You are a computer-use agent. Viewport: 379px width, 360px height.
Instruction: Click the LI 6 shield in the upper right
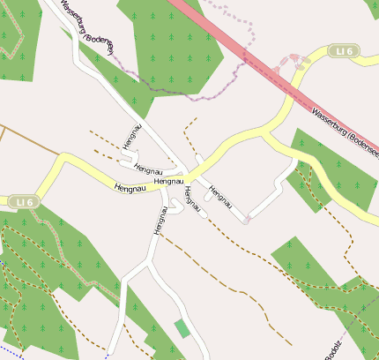point(342,51)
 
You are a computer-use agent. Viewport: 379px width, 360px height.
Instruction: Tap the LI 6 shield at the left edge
point(24,203)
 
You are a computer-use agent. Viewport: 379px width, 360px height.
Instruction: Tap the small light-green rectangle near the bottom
point(182,328)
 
